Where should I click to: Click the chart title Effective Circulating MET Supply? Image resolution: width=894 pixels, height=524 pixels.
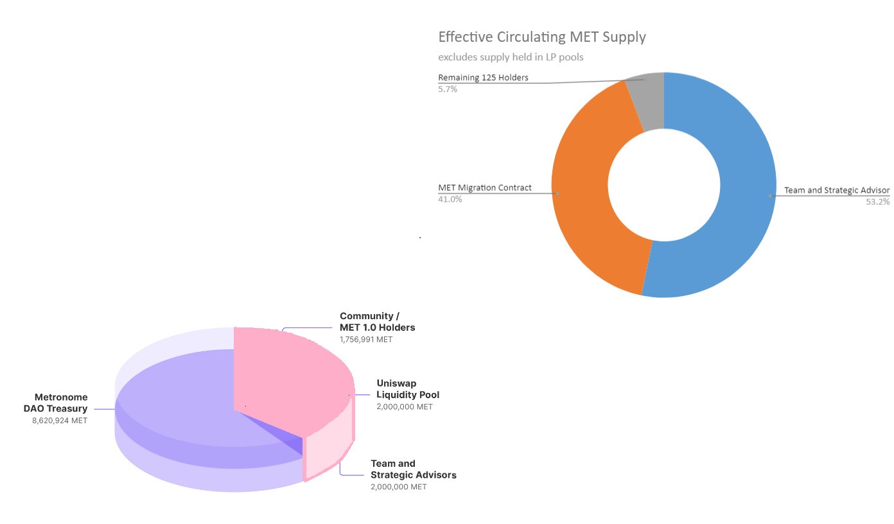541,37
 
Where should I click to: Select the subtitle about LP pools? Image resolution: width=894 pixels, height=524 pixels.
511,57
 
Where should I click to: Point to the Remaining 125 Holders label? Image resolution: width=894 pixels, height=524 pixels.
483,78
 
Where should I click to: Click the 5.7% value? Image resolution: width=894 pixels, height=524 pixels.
448,89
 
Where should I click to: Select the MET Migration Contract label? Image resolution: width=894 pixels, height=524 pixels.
485,188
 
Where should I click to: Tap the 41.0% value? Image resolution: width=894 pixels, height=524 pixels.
450,199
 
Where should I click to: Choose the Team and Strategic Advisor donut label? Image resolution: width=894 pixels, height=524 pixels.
836,190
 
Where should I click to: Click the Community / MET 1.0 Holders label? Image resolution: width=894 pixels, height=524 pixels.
377,322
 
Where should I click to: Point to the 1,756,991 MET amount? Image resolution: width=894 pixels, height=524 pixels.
366,339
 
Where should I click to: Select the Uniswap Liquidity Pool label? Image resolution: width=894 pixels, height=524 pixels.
408,389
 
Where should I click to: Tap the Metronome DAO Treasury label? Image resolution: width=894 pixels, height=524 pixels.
60,403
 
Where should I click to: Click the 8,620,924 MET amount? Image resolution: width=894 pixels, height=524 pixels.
59,421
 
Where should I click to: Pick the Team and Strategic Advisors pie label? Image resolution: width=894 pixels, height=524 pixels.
413,469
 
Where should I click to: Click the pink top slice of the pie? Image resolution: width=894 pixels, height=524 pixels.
289,379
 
